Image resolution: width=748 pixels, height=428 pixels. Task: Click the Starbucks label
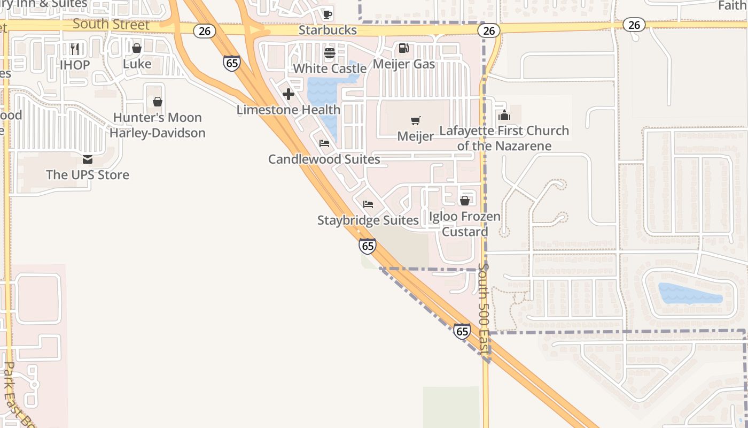(x=328, y=30)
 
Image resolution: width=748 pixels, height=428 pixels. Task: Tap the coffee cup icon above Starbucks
(x=328, y=14)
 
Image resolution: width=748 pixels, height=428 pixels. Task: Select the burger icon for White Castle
(x=329, y=53)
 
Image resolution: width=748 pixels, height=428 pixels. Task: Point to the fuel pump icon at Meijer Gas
(x=404, y=48)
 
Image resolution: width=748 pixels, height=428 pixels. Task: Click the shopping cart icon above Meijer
(x=416, y=120)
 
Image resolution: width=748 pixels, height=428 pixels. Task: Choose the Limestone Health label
(x=289, y=110)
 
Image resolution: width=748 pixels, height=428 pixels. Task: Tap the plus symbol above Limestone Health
(x=289, y=95)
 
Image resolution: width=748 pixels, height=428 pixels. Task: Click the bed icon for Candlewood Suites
(x=324, y=143)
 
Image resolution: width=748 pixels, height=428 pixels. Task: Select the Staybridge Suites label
(x=368, y=220)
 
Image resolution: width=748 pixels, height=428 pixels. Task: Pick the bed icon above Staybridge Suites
(x=368, y=204)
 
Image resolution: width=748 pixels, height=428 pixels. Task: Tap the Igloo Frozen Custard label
(x=465, y=224)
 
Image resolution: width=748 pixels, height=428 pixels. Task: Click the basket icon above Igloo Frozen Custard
(x=465, y=201)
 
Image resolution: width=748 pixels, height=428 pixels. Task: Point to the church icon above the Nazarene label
(x=504, y=115)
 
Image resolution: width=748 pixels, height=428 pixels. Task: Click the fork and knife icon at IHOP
(x=75, y=49)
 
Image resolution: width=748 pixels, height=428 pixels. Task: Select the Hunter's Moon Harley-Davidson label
(x=158, y=125)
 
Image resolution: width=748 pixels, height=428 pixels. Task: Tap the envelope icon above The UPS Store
(x=88, y=159)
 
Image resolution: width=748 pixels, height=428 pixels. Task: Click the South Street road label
(x=111, y=24)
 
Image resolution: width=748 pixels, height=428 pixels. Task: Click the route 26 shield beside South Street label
(x=205, y=30)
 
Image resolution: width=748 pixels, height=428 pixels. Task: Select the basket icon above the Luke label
(x=137, y=48)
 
